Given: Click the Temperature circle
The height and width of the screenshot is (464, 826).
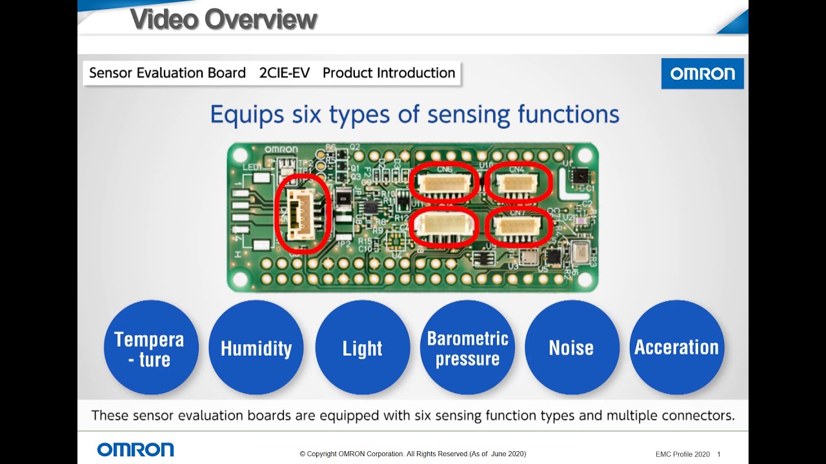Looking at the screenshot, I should [x=151, y=348].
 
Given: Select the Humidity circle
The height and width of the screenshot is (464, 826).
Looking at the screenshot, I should [x=256, y=348].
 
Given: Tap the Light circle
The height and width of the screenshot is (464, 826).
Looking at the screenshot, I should [x=362, y=348].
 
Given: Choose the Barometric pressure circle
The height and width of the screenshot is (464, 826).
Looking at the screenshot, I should [x=467, y=348].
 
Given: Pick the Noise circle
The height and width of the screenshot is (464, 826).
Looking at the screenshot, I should [x=571, y=348].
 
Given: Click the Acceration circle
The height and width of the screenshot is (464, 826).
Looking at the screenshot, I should [x=676, y=348].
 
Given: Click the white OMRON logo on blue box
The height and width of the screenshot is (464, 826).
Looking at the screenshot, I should [x=702, y=73].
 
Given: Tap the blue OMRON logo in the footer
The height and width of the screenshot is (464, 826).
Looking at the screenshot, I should [x=136, y=449].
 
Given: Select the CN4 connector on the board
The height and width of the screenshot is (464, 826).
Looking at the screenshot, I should [x=518, y=183].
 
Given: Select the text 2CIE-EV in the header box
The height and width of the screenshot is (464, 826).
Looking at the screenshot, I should [x=284, y=73].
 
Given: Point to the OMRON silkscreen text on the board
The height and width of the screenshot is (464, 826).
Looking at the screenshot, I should [x=281, y=150].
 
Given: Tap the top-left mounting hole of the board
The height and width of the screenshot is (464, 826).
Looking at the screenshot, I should [x=240, y=155].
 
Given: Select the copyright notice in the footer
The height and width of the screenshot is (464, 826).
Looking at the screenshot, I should [x=413, y=454].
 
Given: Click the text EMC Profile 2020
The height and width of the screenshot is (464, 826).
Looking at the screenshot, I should [x=682, y=454].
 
